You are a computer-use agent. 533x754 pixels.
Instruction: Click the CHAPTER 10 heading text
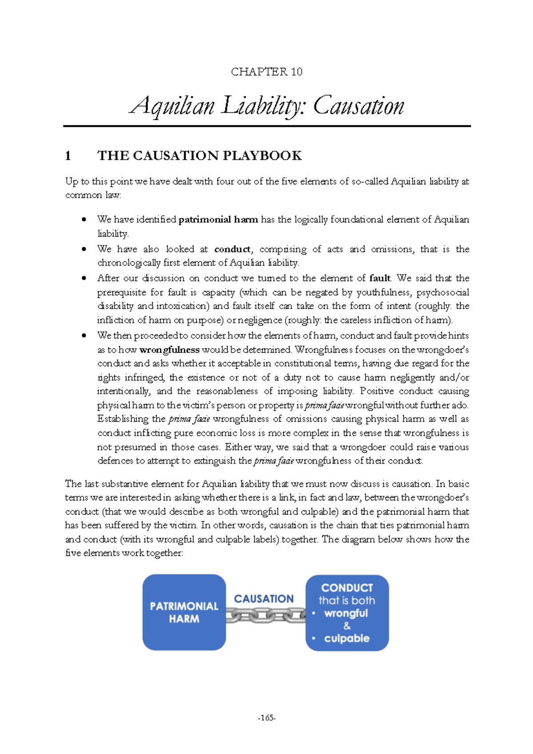click(x=266, y=72)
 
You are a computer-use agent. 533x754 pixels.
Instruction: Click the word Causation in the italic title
click(x=358, y=106)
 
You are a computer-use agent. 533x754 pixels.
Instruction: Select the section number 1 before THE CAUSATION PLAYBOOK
click(x=68, y=156)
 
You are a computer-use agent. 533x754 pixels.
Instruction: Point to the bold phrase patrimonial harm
click(x=218, y=219)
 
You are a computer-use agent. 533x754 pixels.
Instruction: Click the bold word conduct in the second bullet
click(x=232, y=249)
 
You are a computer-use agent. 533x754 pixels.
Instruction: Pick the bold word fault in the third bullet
click(x=380, y=278)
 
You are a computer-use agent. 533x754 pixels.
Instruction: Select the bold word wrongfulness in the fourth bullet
click(x=169, y=350)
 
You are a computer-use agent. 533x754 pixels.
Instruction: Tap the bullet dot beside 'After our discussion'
click(x=84, y=278)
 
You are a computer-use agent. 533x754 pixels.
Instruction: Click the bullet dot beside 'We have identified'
click(x=84, y=219)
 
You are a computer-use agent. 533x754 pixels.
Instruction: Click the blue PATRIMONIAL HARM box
click(x=184, y=612)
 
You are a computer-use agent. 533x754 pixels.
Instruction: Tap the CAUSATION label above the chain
click(x=264, y=599)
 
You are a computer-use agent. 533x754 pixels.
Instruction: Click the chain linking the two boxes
click(x=266, y=615)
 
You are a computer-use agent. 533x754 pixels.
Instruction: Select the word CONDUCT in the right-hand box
click(x=347, y=588)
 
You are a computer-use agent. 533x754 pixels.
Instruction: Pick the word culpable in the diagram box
click(x=346, y=639)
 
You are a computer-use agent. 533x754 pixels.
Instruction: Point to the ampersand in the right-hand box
click(x=347, y=626)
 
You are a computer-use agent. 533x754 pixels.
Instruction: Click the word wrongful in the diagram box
click(x=346, y=613)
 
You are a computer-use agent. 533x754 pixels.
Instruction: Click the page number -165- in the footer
click(x=266, y=718)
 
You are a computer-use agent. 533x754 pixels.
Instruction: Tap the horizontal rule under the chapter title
click(x=266, y=126)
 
